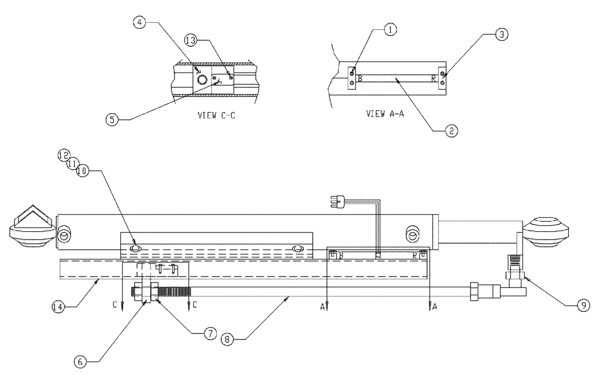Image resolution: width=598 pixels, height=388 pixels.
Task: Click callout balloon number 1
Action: [389, 28]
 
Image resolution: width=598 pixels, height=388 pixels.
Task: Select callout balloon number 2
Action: [451, 129]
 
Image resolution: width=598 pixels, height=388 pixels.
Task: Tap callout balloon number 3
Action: [502, 35]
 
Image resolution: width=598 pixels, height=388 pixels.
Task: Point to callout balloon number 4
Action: [139, 23]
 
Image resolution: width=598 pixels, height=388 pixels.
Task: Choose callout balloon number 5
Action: [112, 119]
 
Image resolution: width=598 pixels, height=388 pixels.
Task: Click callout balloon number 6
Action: [81, 361]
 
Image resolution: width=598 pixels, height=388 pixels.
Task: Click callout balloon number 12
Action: [64, 154]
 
